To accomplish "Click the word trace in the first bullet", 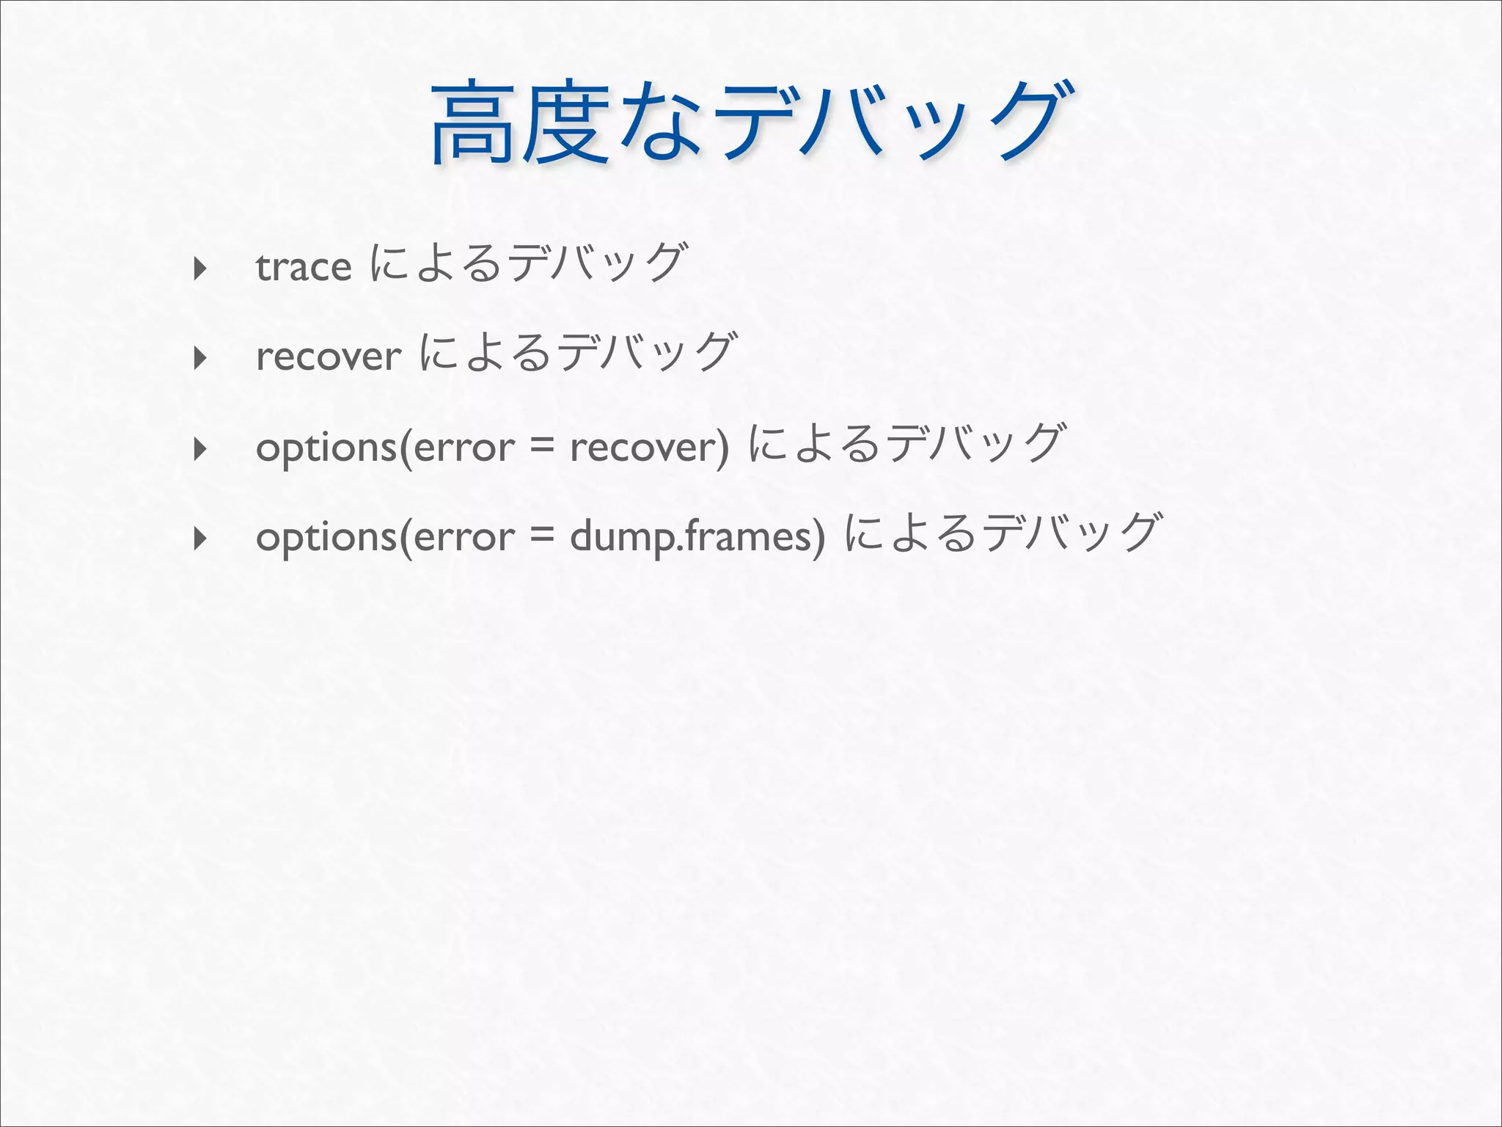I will click(x=304, y=267).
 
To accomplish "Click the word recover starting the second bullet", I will click(x=329, y=357).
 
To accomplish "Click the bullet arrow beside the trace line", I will click(x=199, y=269).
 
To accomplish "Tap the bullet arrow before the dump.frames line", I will click(x=199, y=539).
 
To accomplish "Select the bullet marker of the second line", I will click(x=199, y=358).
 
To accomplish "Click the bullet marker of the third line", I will click(x=199, y=448).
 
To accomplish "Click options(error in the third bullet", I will click(x=385, y=448).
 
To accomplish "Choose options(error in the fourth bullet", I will click(x=385, y=537).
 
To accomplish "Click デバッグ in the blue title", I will click(x=895, y=121).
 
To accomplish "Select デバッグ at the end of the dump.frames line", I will click(x=1072, y=533).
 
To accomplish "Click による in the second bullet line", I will click(x=485, y=352).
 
